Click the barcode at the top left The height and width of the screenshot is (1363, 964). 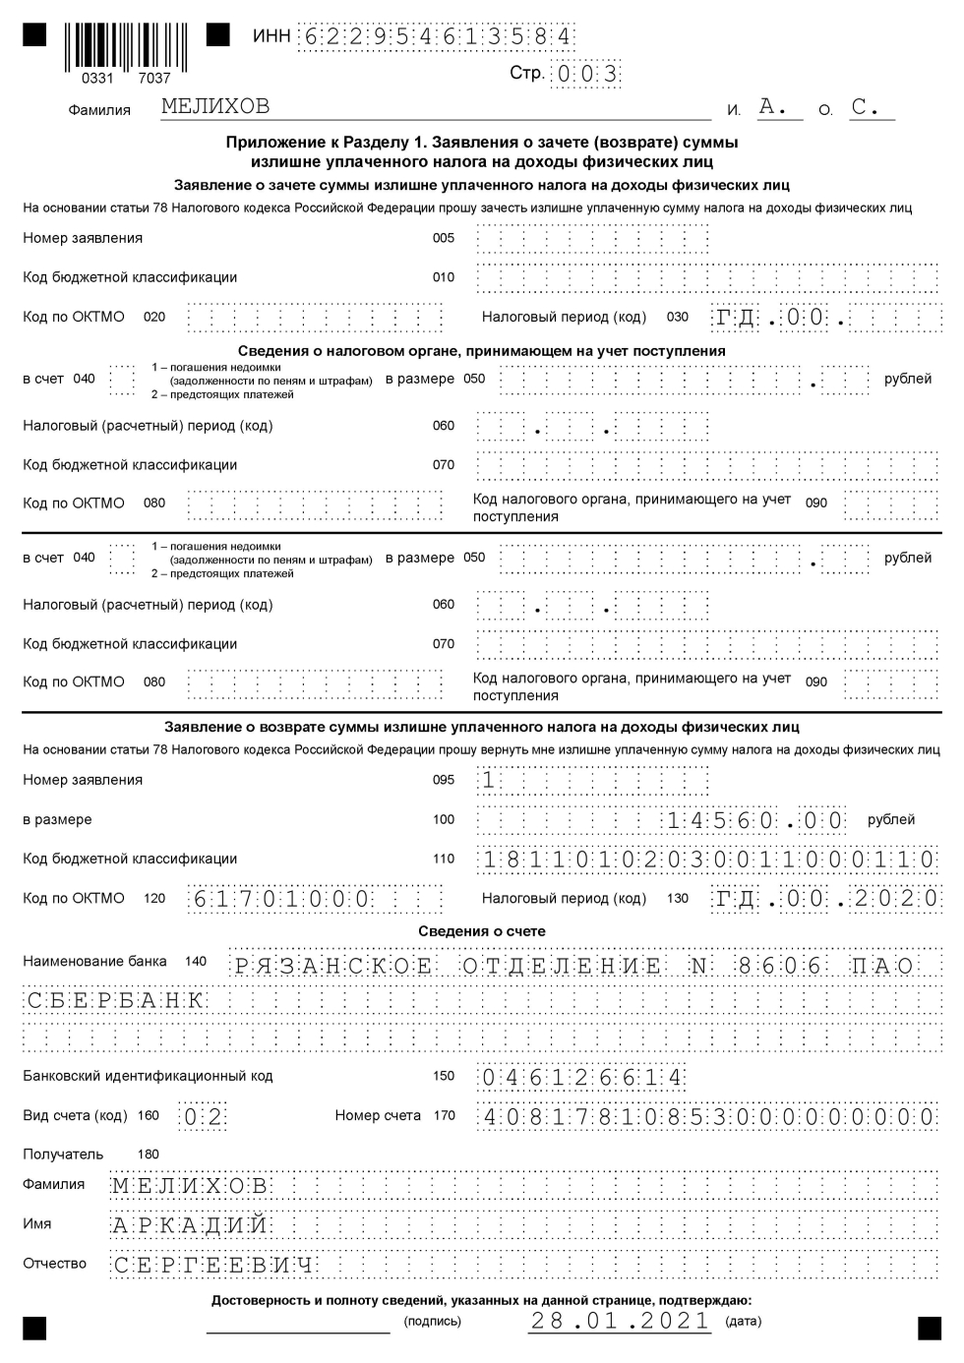[126, 45]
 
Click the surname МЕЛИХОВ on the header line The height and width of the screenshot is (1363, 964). [214, 106]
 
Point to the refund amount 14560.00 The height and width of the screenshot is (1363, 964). [755, 820]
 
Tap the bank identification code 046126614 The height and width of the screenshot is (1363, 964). [580, 1078]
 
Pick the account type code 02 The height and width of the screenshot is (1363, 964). [203, 1117]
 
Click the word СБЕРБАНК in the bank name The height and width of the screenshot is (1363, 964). [114, 1001]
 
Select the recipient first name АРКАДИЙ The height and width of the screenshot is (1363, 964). [190, 1226]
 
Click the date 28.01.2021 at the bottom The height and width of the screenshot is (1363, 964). [620, 1321]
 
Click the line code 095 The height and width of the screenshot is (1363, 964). [444, 780]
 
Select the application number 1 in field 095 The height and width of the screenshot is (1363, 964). [489, 781]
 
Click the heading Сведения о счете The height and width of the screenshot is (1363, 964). [482, 931]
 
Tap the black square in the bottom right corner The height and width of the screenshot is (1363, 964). [929, 1329]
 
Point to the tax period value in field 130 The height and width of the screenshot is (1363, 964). [827, 899]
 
